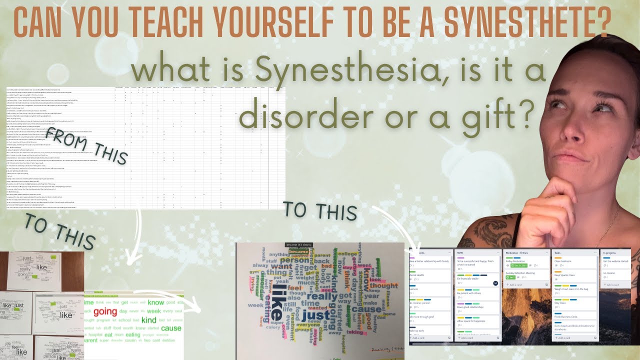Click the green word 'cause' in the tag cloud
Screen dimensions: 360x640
tap(171, 328)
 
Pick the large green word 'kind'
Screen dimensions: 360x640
tap(148, 319)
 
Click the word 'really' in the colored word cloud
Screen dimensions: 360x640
tap(321, 296)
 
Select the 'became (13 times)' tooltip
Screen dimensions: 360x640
tap(299, 244)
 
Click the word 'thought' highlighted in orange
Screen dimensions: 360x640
tap(384, 286)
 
